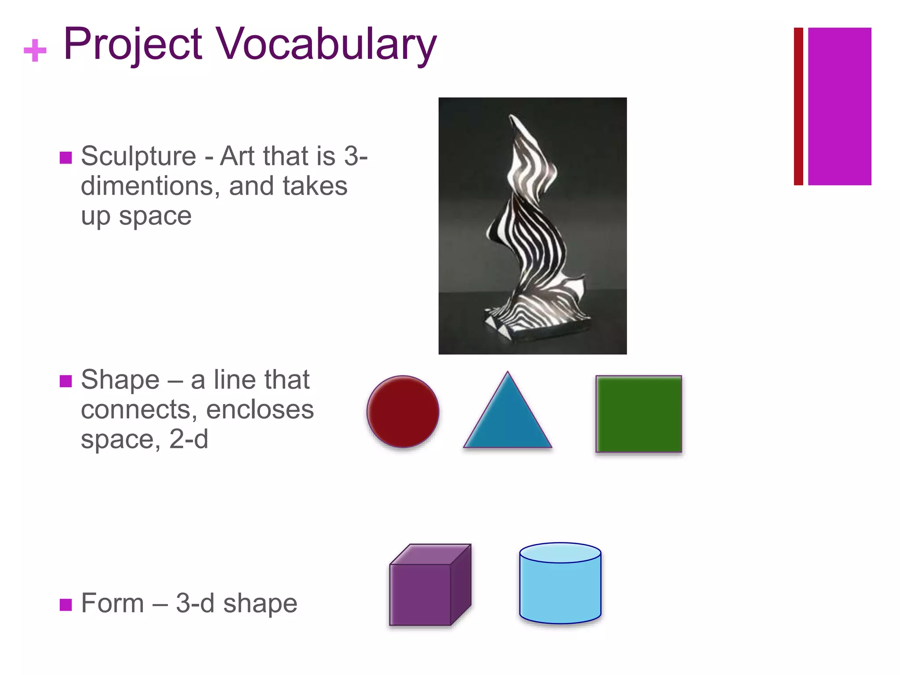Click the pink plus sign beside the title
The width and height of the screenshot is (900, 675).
point(35,50)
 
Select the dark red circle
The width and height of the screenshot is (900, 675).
point(403,411)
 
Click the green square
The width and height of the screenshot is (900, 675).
point(639,414)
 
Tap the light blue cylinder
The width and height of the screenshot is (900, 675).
point(560,584)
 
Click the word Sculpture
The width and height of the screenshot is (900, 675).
point(138,156)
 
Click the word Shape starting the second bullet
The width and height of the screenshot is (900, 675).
point(120,380)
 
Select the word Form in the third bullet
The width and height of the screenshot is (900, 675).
point(112,603)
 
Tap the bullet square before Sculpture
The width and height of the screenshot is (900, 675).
point(65,157)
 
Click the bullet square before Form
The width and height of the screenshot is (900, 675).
point(65,605)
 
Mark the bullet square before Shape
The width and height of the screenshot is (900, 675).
point(65,381)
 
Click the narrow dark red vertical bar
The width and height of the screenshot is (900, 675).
point(798,106)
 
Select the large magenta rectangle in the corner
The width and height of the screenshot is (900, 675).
point(839,106)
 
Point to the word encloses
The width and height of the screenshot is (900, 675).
point(260,410)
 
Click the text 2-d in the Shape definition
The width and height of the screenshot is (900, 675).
point(189,439)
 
